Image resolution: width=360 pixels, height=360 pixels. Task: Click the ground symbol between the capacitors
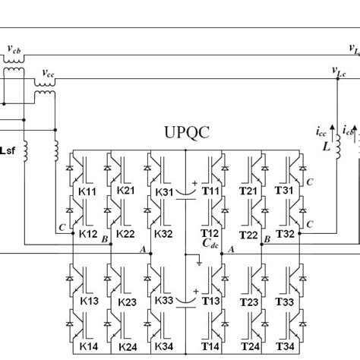coord(197,264)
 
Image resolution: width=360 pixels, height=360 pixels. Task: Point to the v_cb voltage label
coord(14,49)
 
